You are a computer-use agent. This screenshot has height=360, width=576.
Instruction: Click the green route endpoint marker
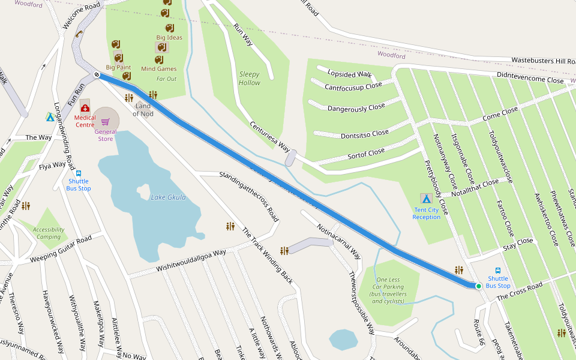pyautogui.click(x=479, y=286)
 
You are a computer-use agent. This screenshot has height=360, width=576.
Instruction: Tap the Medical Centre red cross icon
pyautogui.click(x=85, y=108)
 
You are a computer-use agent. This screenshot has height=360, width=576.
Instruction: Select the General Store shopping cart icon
pyautogui.click(x=105, y=121)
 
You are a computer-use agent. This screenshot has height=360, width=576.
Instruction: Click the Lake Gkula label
pyautogui.click(x=168, y=197)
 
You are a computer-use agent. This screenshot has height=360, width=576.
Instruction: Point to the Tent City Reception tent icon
pyautogui.click(x=426, y=198)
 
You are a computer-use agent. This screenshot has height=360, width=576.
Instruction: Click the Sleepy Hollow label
pyautogui.click(x=250, y=79)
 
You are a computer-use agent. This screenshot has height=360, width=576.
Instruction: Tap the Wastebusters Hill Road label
pyautogui.click(x=543, y=61)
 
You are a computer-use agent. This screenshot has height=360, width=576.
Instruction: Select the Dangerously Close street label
pyautogui.click(x=356, y=108)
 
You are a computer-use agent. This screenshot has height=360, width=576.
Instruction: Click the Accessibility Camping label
pyautogui.click(x=49, y=233)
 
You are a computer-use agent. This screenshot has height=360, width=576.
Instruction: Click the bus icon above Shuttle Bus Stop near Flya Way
pyautogui.click(x=79, y=173)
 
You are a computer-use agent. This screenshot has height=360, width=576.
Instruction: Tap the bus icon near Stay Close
pyautogui.click(x=498, y=271)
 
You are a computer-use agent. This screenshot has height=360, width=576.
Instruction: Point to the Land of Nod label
pyautogui.click(x=143, y=110)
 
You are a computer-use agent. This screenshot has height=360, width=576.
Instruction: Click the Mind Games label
pyautogui.click(x=159, y=69)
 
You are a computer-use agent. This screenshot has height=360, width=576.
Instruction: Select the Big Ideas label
pyautogui.click(x=169, y=37)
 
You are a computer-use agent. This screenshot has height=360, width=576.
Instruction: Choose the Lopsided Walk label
pyautogui.click(x=350, y=74)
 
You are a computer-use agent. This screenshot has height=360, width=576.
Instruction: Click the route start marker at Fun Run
pyautogui.click(x=96, y=74)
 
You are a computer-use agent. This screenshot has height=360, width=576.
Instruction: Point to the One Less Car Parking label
pyautogui.click(x=388, y=291)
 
